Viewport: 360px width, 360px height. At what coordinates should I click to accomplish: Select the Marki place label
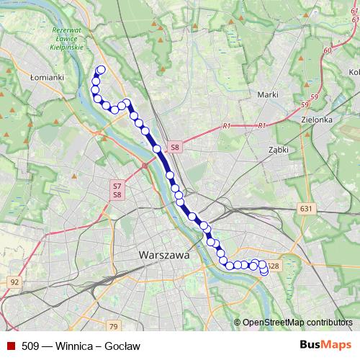268,94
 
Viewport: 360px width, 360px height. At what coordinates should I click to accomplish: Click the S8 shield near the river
174,148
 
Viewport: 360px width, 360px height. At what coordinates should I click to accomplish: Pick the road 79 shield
113,306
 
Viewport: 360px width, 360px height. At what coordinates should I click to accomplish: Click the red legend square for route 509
10,346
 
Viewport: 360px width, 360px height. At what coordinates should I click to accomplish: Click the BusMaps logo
325,346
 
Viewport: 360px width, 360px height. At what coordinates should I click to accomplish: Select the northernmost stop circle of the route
101,70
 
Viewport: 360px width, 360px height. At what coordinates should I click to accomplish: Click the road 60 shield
328,51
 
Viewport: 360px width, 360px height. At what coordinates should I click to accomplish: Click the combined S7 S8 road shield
117,190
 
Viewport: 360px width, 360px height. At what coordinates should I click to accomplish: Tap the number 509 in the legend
31,346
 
